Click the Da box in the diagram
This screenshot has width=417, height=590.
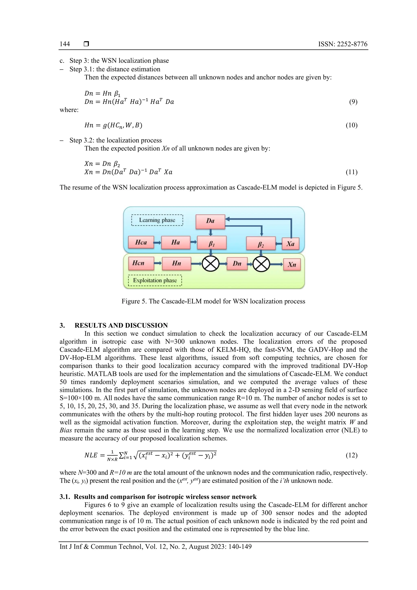tap(210, 221)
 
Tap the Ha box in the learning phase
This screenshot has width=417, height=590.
tap(176, 242)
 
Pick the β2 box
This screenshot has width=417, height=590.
tap(261, 244)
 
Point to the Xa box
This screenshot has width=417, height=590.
tap(290, 244)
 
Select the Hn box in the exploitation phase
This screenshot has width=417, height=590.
tap(177, 263)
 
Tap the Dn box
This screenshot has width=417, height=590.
tap(237, 264)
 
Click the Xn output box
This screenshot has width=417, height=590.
tap(292, 264)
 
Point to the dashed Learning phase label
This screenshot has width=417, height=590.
tap(157, 220)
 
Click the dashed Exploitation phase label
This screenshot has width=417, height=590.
tap(155, 280)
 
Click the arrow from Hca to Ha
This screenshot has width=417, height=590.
tap(158, 242)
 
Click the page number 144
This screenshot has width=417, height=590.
tap(65, 44)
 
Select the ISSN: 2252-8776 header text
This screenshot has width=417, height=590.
tap(342, 44)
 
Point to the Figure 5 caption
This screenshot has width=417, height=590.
tap(213, 301)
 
